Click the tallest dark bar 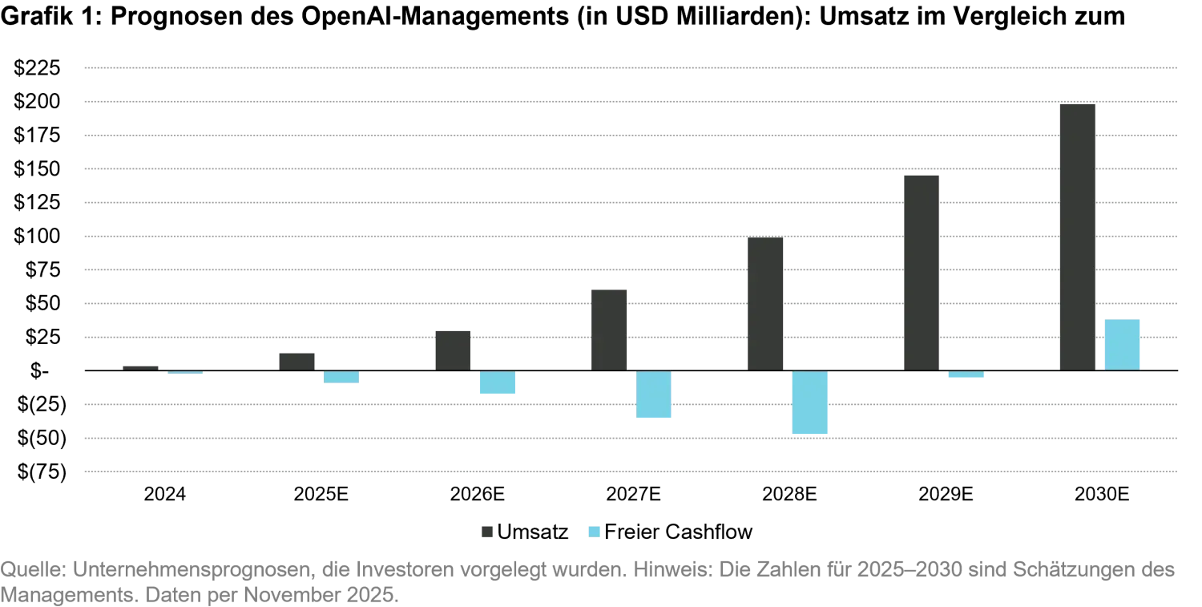tap(1076, 236)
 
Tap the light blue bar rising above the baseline tap(1121, 343)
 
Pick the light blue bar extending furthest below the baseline tap(810, 403)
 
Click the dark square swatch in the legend tap(486, 532)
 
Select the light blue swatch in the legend tap(594, 532)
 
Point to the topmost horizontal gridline tap(631, 67)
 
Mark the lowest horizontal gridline tap(631, 471)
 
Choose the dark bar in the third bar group tap(451, 348)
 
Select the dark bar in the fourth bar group tap(608, 329)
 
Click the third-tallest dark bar tap(765, 303)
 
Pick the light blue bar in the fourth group tap(653, 396)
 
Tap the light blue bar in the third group tap(496, 383)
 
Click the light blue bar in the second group tap(339, 378)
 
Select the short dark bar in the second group tap(297, 361)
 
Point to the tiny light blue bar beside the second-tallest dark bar tap(967, 374)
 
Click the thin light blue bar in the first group tap(185, 374)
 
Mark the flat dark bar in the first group tap(140, 368)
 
